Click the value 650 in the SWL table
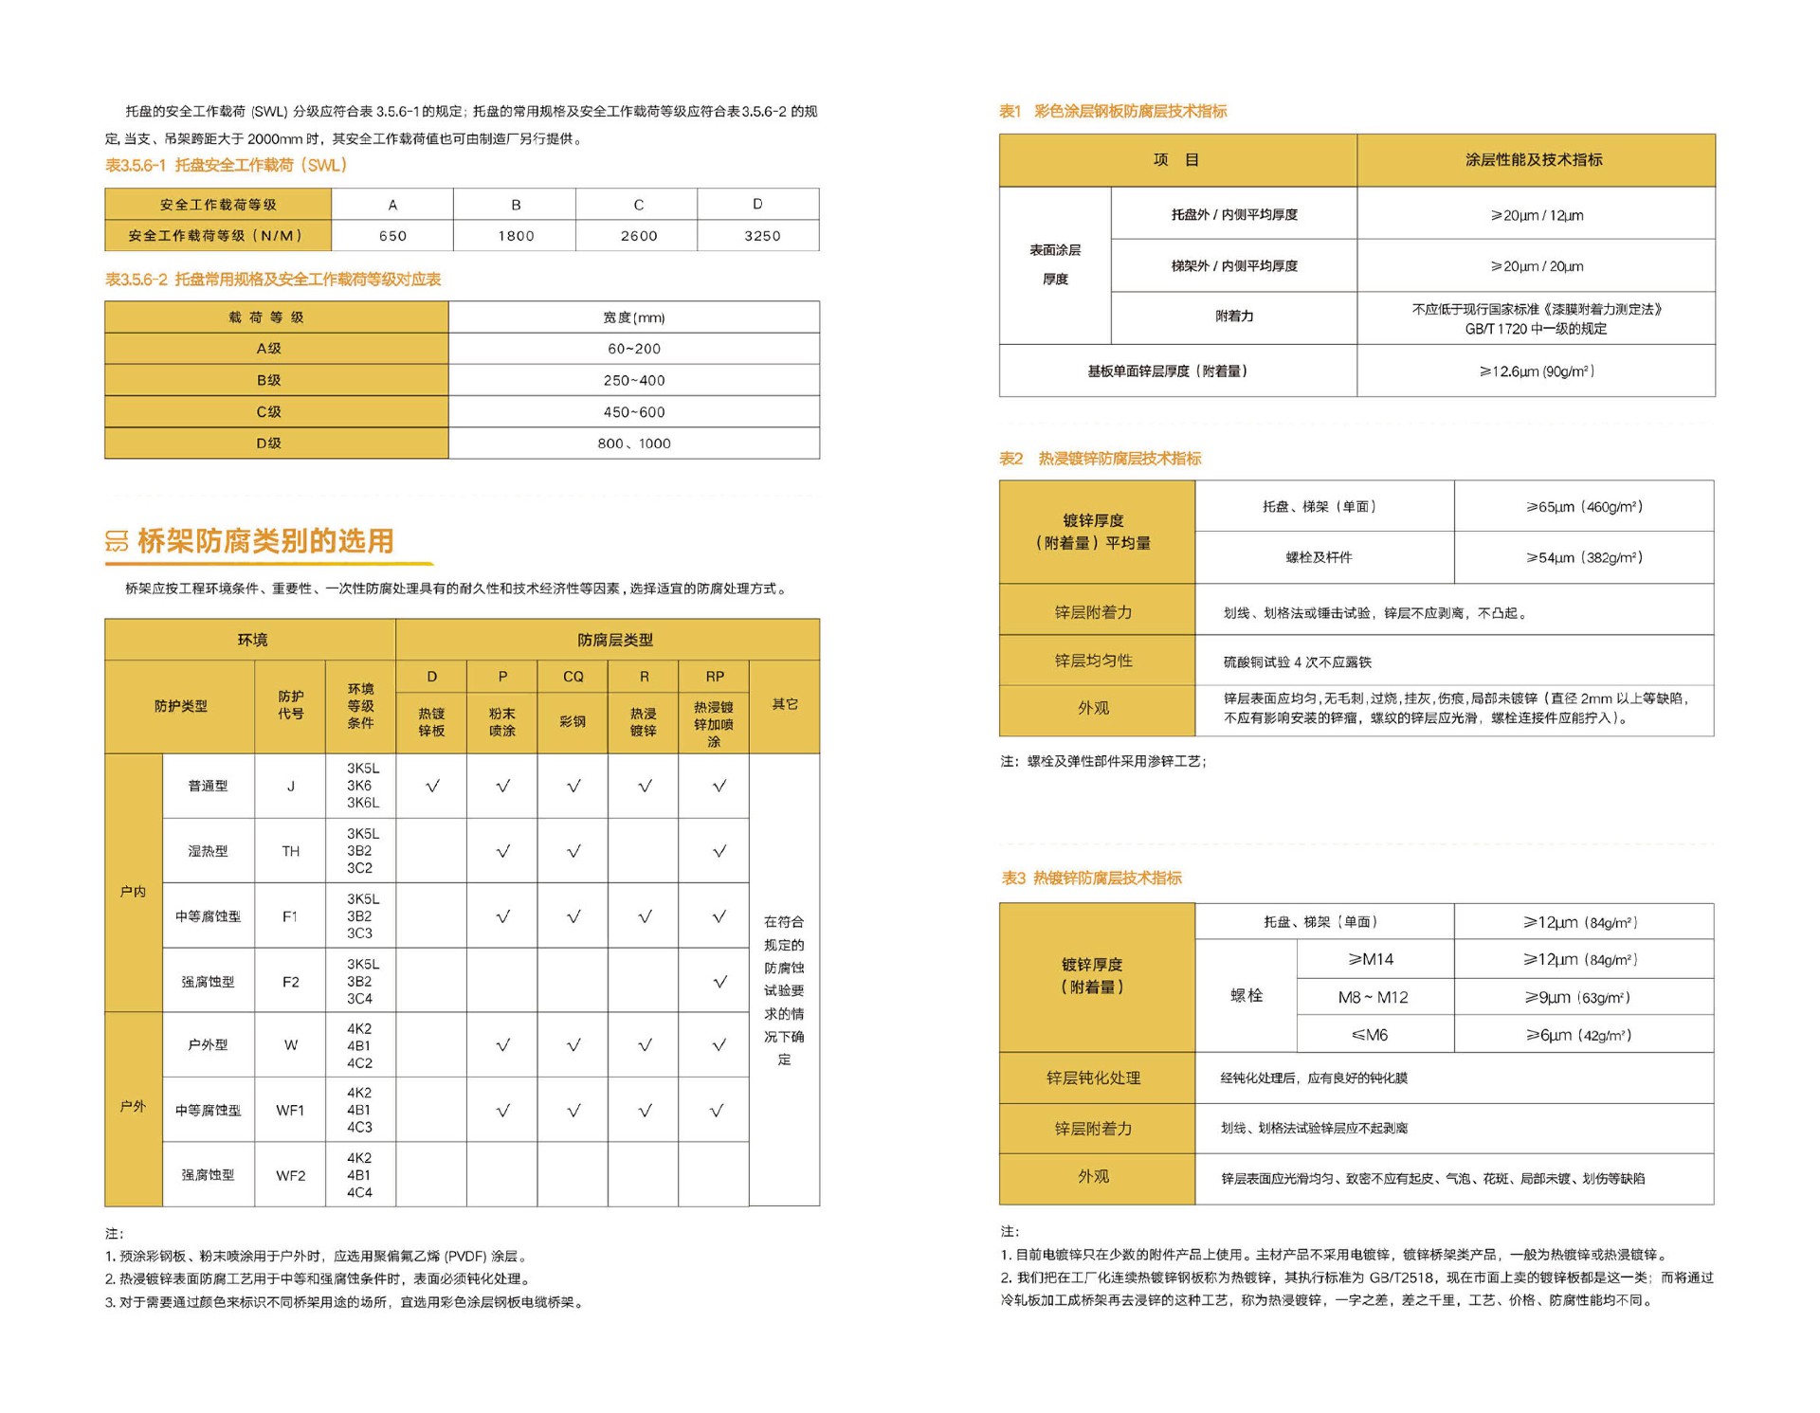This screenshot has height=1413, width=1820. pos(392,236)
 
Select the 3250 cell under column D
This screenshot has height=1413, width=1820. pos(761,236)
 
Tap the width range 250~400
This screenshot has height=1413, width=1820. pos(634,380)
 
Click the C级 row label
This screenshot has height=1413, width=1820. pos(269,412)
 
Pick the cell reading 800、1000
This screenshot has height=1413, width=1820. pos(634,444)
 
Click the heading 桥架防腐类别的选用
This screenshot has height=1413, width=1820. pos(265,541)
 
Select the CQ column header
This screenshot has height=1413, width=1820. pos(573,677)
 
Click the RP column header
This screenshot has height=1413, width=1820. pos(714,677)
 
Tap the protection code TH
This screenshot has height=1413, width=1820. pos(290,851)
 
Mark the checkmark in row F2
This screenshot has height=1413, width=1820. pos(719,983)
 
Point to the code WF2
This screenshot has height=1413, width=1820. pos(290,1175)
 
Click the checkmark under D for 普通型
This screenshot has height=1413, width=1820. pos(432,786)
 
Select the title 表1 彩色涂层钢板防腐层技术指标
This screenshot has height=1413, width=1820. pos(1113,112)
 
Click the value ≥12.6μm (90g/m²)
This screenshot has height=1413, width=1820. pos(1536,371)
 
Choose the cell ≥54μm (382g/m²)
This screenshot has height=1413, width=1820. pos(1584,557)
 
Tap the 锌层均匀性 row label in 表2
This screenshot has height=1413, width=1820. pos(1093,661)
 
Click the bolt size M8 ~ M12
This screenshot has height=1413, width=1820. pos(1372,997)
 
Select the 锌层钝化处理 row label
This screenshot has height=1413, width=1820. pos(1093,1078)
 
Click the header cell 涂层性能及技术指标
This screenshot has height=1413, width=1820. pos(1534,160)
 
